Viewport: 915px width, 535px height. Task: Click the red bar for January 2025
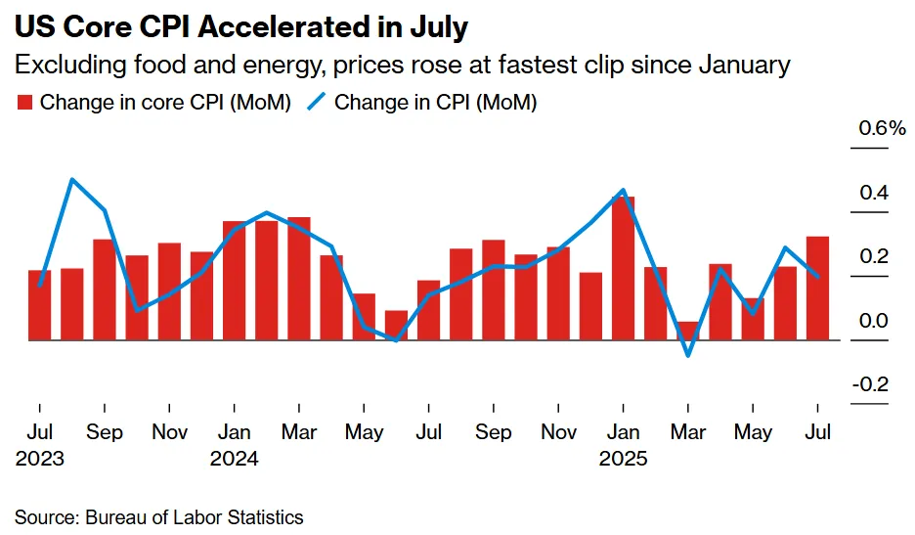click(624, 269)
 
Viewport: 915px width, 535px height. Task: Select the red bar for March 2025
click(688, 331)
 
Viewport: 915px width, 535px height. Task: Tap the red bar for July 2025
click(818, 289)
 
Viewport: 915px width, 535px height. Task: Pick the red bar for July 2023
click(40, 305)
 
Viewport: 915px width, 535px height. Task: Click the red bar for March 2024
click(299, 279)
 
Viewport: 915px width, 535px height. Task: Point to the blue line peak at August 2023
click(72, 180)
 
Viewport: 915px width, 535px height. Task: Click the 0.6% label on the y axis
click(883, 129)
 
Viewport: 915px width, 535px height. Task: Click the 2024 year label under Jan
click(235, 458)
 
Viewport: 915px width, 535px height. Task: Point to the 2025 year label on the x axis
click(624, 458)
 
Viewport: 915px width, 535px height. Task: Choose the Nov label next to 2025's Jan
click(559, 432)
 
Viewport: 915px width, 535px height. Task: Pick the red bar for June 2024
click(396, 326)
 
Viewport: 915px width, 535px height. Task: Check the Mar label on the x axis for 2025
click(688, 432)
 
